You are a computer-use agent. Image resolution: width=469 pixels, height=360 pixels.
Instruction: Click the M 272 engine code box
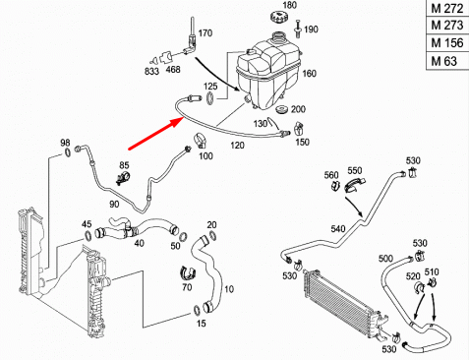[x=446, y=9]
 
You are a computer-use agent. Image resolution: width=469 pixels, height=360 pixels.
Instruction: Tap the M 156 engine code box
[x=446, y=44]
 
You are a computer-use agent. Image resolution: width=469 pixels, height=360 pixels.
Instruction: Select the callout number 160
[x=309, y=74]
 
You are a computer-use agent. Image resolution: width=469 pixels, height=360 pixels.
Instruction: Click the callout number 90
[x=114, y=203]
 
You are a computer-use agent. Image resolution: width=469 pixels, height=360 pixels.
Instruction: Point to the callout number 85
[x=125, y=164]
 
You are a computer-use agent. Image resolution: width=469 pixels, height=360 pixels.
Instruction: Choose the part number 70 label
[x=187, y=288]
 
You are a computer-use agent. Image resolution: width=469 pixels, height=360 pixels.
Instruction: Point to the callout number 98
[x=66, y=143]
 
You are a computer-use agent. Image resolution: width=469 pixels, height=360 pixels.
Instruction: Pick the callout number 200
[x=299, y=108]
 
